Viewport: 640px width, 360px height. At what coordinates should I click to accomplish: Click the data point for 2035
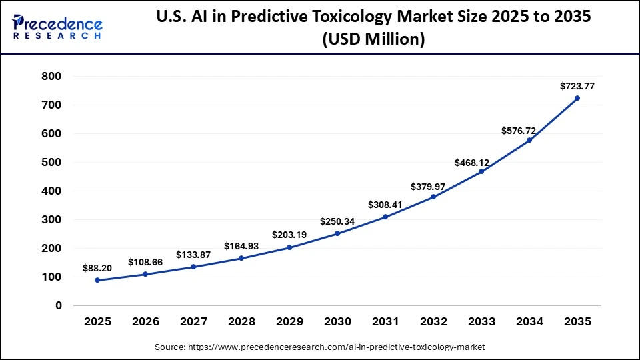(577, 98)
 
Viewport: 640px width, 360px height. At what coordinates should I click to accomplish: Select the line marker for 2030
(337, 233)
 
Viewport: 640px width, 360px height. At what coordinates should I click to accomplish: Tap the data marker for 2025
(97, 280)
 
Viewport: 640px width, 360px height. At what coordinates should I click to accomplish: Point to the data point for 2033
(481, 171)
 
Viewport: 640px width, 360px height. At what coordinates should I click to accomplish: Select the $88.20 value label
(97, 267)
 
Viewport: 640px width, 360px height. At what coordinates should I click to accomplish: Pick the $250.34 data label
(337, 221)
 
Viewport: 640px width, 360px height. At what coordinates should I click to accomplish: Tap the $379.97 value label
(433, 184)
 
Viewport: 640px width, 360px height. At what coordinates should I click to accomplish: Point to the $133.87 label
(193, 255)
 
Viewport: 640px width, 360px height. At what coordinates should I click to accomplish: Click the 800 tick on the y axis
(51, 77)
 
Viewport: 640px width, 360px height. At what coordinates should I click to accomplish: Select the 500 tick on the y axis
(51, 163)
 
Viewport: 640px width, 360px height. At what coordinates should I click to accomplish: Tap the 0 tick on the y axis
(58, 305)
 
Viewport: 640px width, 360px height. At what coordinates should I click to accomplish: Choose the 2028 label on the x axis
(241, 321)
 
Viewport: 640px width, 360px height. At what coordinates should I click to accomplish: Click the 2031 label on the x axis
(385, 321)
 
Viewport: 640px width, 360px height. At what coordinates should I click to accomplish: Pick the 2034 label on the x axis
(529, 321)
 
